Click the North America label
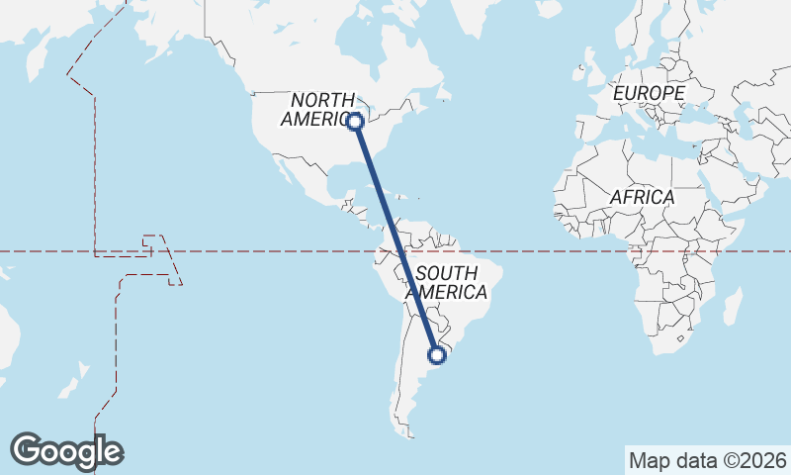coord(322,109)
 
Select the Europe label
coord(649,93)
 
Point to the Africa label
coord(642,197)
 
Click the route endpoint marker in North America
coord(355,122)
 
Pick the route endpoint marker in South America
coord(436,354)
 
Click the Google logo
coord(66,451)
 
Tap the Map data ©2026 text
coord(707,460)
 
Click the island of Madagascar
coord(732,305)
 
